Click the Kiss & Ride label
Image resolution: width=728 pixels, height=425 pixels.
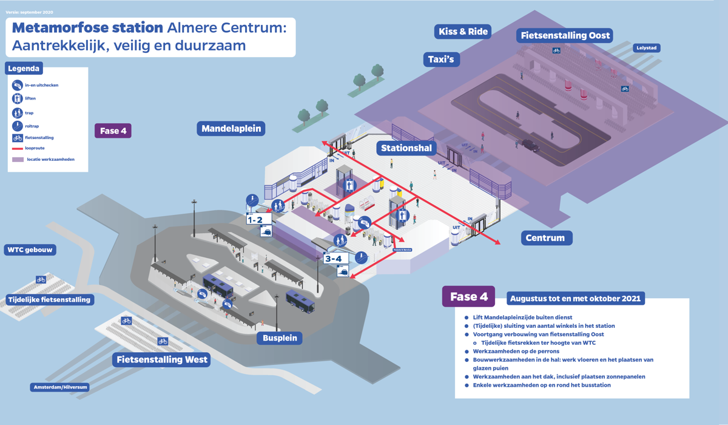(463, 32)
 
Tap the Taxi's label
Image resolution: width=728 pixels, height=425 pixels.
(441, 59)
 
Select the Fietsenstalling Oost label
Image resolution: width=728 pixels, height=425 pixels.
(565, 36)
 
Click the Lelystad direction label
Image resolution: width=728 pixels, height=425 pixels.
(646, 48)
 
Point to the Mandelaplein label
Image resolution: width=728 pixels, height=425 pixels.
(231, 128)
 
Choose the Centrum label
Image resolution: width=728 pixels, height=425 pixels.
(546, 237)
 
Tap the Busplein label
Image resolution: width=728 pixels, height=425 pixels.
(280, 338)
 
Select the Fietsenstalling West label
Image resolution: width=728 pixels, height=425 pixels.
(161, 359)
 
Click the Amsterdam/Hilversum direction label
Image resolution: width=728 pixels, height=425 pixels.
(60, 387)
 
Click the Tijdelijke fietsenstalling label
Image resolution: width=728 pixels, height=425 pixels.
(49, 299)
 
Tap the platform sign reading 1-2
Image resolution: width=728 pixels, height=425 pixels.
(255, 220)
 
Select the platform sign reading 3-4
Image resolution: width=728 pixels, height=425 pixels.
(334, 259)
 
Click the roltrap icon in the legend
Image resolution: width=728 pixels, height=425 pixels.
(18, 126)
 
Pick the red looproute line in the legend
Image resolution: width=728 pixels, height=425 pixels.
(18, 148)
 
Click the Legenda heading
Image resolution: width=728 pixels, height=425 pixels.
(24, 69)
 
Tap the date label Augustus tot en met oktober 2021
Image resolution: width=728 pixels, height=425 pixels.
(575, 299)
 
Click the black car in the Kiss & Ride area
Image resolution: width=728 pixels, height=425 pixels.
(530, 145)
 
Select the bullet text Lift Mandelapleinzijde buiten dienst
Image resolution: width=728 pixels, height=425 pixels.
(522, 318)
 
